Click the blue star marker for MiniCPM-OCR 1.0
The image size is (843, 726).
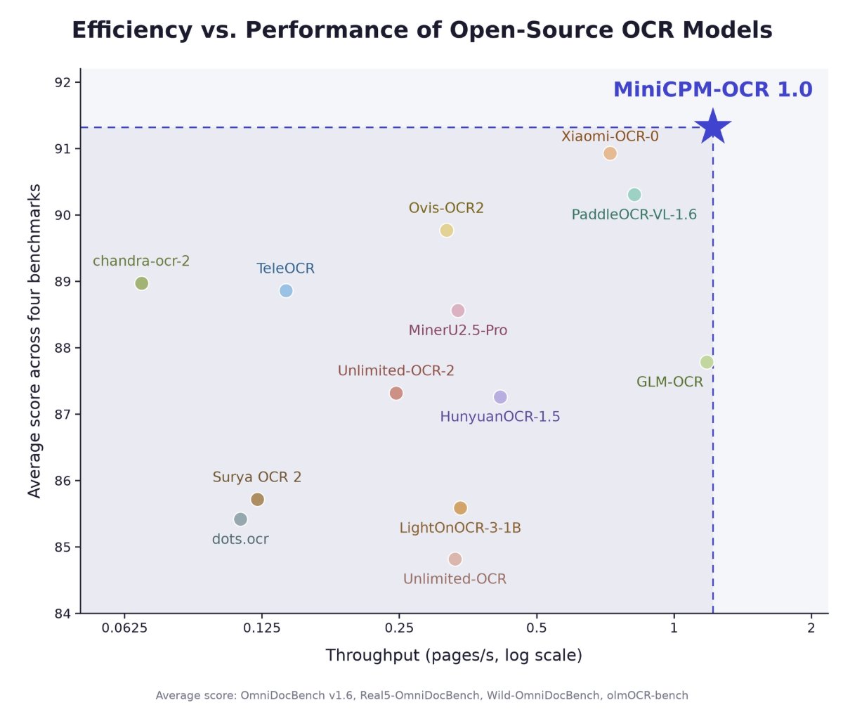click(x=712, y=127)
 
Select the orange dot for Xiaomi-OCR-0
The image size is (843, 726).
click(x=610, y=153)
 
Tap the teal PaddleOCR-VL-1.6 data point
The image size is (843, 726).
click(x=634, y=195)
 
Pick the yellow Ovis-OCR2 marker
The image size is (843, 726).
click(x=447, y=230)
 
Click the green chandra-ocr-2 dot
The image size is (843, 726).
click(x=141, y=283)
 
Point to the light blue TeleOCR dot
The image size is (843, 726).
click(x=286, y=290)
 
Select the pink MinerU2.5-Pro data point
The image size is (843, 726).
click(x=458, y=311)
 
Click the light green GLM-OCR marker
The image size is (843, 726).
click(x=707, y=362)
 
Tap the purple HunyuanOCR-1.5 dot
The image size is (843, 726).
click(x=500, y=396)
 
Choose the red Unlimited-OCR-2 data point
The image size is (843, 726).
click(x=396, y=393)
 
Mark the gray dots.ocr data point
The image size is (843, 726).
click(x=241, y=519)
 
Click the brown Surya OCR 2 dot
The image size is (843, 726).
click(x=257, y=499)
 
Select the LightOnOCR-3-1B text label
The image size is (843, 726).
click(x=460, y=528)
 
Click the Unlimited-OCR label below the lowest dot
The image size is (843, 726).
click(x=455, y=578)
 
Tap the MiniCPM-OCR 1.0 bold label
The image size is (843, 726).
click(x=713, y=89)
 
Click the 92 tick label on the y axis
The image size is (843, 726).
click(x=63, y=82)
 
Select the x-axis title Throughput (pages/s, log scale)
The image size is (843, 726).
click(x=454, y=656)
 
